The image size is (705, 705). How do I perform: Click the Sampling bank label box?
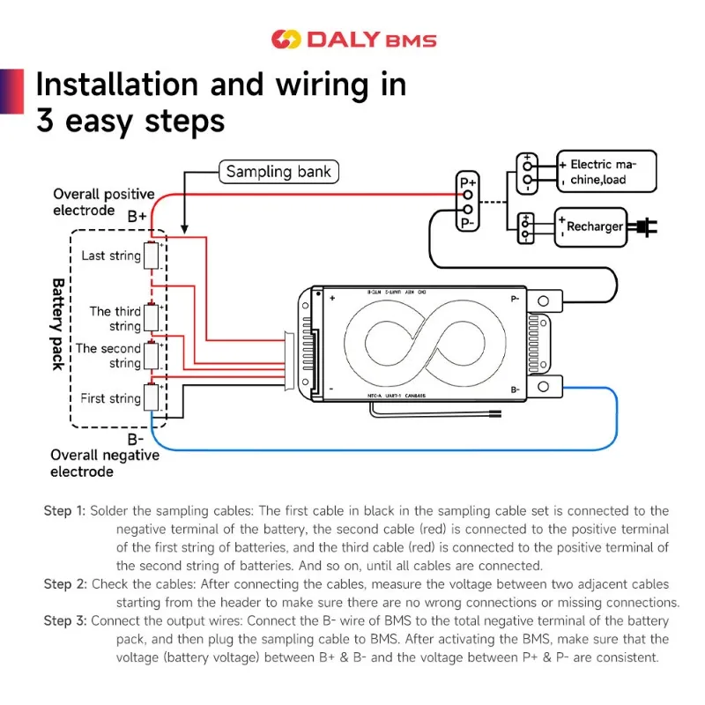[x=278, y=172]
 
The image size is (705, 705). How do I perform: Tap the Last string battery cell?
[x=152, y=256]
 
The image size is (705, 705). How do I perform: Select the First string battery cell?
[x=152, y=398]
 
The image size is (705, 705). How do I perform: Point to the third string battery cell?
[x=152, y=318]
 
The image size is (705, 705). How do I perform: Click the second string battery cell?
[x=152, y=355]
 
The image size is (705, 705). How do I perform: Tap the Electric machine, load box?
[x=599, y=173]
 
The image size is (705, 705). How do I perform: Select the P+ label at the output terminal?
[x=469, y=182]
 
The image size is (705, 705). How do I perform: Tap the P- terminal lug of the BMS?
[x=548, y=301]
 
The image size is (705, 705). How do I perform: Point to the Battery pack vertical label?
[x=57, y=324]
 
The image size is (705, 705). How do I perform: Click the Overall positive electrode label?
[x=103, y=202]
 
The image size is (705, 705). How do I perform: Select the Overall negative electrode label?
[x=104, y=464]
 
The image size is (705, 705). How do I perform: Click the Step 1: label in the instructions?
[x=64, y=511]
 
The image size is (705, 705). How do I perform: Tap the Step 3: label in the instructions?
[x=64, y=621]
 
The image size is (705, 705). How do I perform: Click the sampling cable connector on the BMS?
[x=290, y=360]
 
